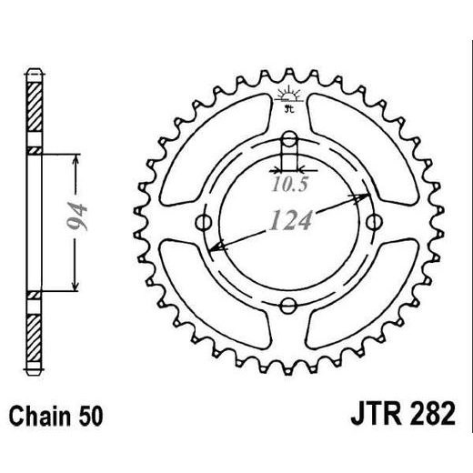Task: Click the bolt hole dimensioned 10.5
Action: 288,140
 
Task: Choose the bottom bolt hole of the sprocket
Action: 288,307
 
